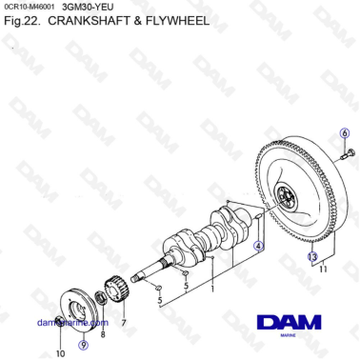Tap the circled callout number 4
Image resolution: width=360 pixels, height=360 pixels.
pos(258,245)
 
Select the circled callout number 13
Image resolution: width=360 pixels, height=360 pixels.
pos(311,256)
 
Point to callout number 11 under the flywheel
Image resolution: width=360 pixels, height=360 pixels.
pos(323,271)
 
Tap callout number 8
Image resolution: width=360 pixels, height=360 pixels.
pos(103,334)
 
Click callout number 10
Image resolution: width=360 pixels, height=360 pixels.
pos(59,353)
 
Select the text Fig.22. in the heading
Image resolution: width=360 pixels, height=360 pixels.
pos(21,20)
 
